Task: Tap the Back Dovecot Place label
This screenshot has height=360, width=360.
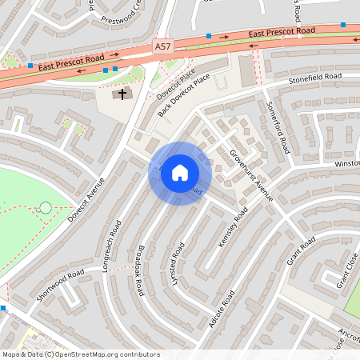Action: pyautogui.click(x=185, y=94)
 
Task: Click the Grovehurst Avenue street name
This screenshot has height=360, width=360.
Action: pyautogui.click(x=252, y=174)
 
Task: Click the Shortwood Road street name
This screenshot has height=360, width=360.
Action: pyautogui.click(x=60, y=286)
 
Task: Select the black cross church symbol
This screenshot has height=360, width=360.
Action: pyautogui.click(x=122, y=94)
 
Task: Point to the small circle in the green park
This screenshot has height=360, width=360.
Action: pyautogui.click(x=46, y=208)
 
